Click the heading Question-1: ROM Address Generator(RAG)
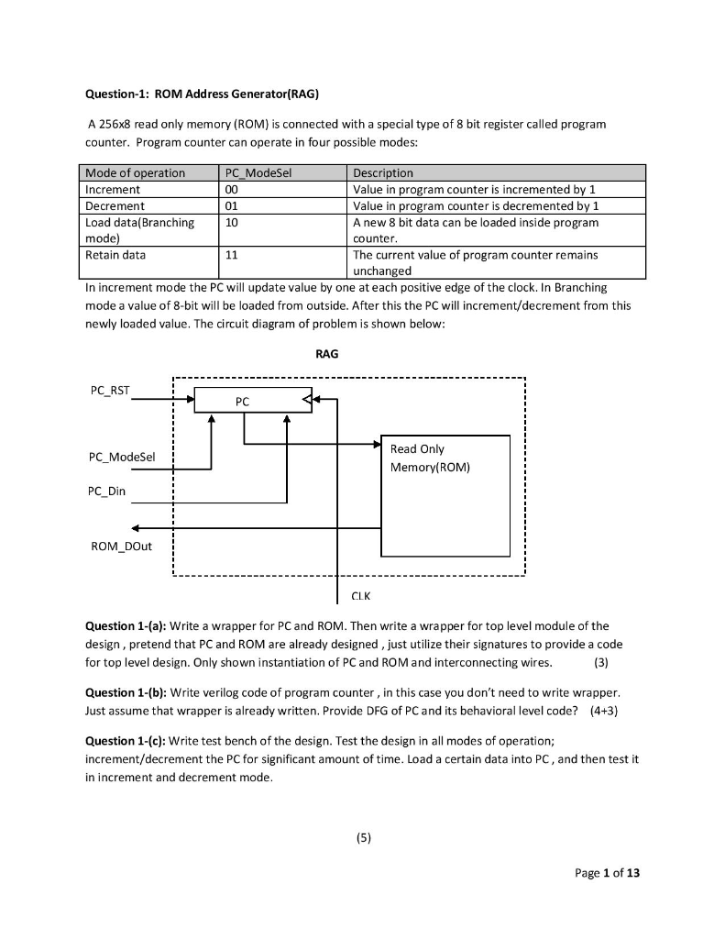click(202, 94)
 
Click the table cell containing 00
click(232, 189)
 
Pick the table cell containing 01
click(232, 205)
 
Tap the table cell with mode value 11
click(232, 255)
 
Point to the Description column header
click(383, 172)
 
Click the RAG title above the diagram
click(327, 355)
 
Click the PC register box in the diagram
click(243, 401)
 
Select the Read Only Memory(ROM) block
click(444, 495)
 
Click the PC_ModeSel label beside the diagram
click(122, 457)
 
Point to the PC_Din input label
click(107, 492)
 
